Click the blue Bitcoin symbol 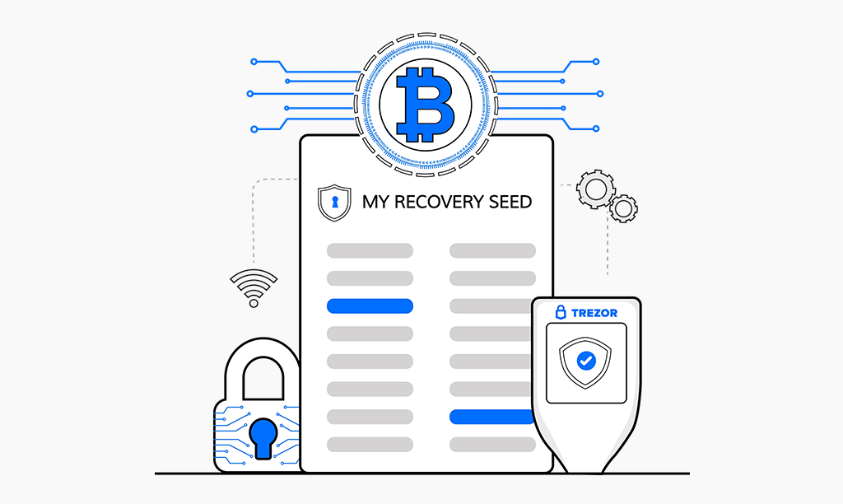click(x=424, y=105)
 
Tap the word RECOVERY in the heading click(x=442, y=201)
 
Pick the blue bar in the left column click(x=370, y=306)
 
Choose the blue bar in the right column click(x=491, y=417)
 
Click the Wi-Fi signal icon click(x=254, y=288)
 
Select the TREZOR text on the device click(x=594, y=313)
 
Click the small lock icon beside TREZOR click(x=561, y=312)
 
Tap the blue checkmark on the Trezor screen click(x=586, y=360)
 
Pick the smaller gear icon click(x=623, y=208)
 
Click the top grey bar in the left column click(x=370, y=250)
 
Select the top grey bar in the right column click(x=491, y=250)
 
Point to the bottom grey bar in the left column click(x=370, y=445)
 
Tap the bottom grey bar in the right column click(x=491, y=445)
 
